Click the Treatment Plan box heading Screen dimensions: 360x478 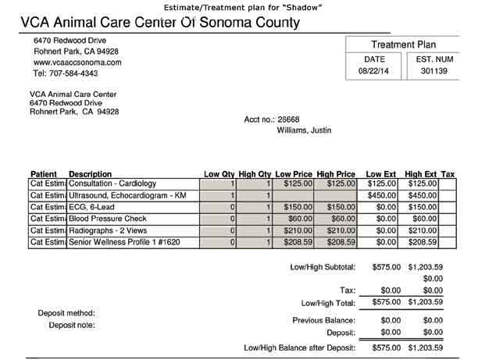click(x=403, y=45)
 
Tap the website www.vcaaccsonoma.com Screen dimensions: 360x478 click(x=77, y=62)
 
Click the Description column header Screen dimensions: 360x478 click(x=90, y=173)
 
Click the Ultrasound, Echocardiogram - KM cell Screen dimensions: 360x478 click(x=128, y=194)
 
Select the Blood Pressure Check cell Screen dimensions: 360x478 click(x=108, y=219)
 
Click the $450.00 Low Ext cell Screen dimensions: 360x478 click(x=383, y=194)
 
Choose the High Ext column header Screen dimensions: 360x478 click(x=421, y=173)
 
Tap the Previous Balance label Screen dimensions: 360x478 click(x=323, y=320)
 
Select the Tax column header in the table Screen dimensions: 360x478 click(x=448, y=173)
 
